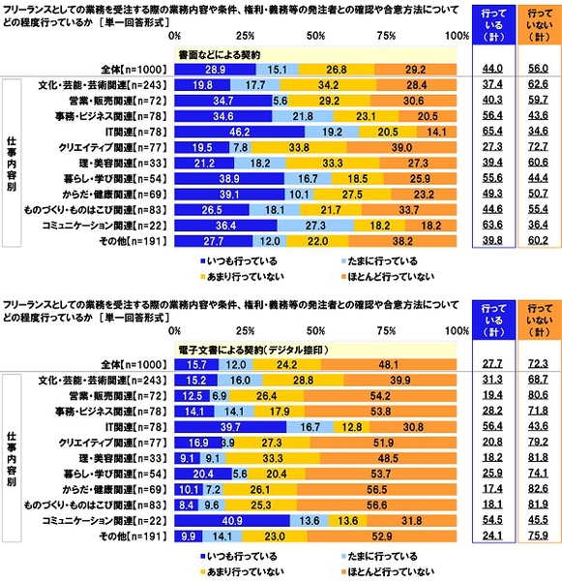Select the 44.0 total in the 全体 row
click(491, 70)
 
